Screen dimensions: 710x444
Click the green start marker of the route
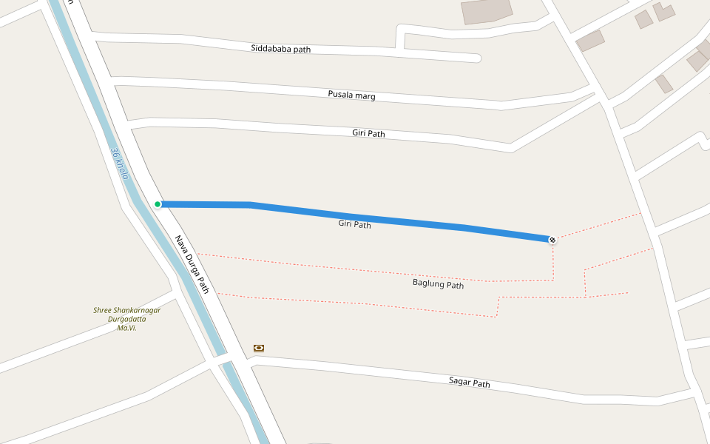coord(158,204)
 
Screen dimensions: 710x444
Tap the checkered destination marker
coord(552,239)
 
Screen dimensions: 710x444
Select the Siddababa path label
coord(280,49)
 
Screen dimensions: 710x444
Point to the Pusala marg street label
coord(351,95)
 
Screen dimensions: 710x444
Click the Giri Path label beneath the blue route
coord(354,223)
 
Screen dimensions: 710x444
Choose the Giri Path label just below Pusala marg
coord(368,134)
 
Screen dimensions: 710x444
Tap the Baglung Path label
coord(438,284)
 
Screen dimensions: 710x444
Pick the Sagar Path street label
coord(469,383)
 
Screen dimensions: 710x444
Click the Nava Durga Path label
coord(192,264)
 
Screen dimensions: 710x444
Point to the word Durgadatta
coord(127,319)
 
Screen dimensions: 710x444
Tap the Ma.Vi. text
coord(127,328)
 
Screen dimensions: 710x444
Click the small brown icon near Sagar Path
coord(259,348)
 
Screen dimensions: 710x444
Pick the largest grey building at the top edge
coord(486,10)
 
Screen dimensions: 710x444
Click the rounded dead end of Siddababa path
coord(476,58)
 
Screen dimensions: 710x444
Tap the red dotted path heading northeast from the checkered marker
coord(599,226)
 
